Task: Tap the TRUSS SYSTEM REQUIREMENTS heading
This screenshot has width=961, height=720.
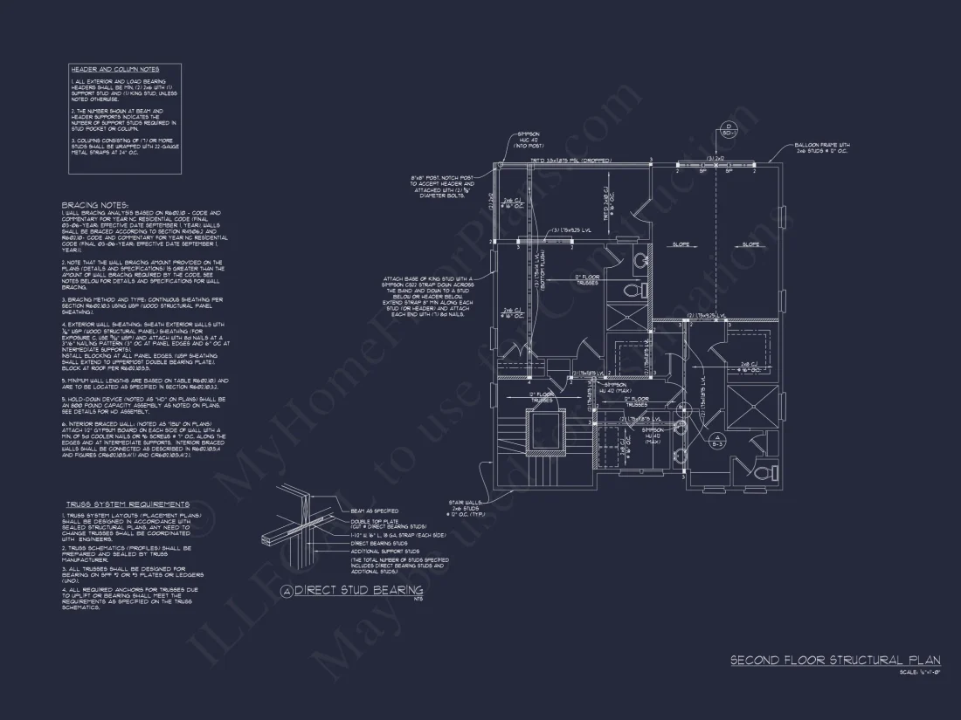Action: pyautogui.click(x=128, y=504)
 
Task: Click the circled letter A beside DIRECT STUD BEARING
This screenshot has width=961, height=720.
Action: pyautogui.click(x=286, y=592)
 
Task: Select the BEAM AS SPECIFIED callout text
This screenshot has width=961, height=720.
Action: pyautogui.click(x=375, y=511)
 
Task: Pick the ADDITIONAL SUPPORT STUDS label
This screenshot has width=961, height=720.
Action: pyautogui.click(x=385, y=552)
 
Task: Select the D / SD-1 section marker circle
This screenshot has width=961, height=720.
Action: pyautogui.click(x=727, y=129)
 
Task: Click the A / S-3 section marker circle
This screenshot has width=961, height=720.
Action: pyautogui.click(x=716, y=441)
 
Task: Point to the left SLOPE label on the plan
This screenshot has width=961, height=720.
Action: pyautogui.click(x=679, y=244)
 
